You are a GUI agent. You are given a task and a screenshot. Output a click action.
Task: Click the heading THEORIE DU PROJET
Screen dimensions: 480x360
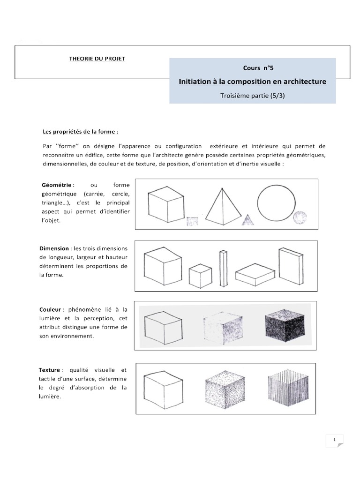click(x=97, y=58)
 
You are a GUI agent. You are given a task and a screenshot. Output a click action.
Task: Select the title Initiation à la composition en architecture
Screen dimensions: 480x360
click(x=252, y=82)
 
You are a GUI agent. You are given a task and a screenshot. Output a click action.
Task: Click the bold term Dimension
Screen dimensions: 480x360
click(x=54, y=248)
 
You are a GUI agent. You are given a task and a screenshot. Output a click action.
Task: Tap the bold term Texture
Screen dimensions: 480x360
click(x=50, y=370)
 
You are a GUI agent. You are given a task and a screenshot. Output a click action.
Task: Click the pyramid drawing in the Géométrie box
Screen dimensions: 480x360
click(x=220, y=206)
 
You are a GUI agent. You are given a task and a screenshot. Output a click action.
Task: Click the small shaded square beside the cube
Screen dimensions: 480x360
click(x=193, y=221)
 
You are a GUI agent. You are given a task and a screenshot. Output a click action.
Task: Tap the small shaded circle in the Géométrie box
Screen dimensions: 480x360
click(x=300, y=218)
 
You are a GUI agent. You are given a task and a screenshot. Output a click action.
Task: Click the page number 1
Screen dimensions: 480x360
click(x=335, y=440)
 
